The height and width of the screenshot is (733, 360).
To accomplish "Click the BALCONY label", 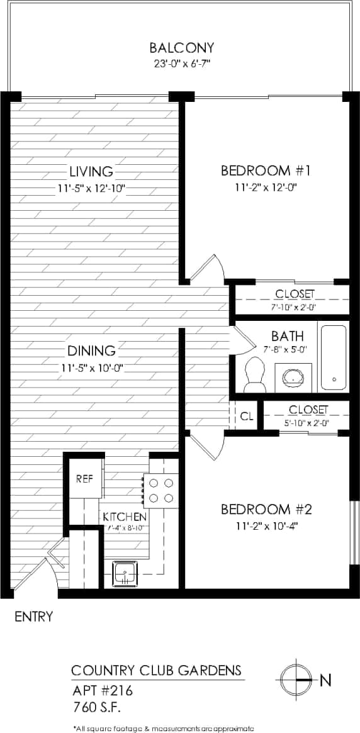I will click(x=182, y=47).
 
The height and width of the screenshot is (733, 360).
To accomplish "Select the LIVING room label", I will click(x=91, y=171).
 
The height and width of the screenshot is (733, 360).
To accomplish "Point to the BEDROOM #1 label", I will click(x=266, y=171).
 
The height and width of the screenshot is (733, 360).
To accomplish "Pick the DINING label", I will click(x=91, y=350).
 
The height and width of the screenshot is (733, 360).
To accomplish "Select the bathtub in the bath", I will click(x=333, y=357).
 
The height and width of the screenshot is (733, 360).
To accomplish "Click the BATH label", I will click(x=288, y=335).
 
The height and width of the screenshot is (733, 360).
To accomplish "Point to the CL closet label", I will click(x=247, y=416).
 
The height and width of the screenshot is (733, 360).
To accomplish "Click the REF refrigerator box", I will click(x=85, y=478).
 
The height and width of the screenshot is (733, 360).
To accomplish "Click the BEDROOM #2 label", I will click(x=266, y=509).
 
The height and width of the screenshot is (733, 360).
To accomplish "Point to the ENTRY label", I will click(x=34, y=616).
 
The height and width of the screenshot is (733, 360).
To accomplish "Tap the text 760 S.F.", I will click(x=98, y=707).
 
